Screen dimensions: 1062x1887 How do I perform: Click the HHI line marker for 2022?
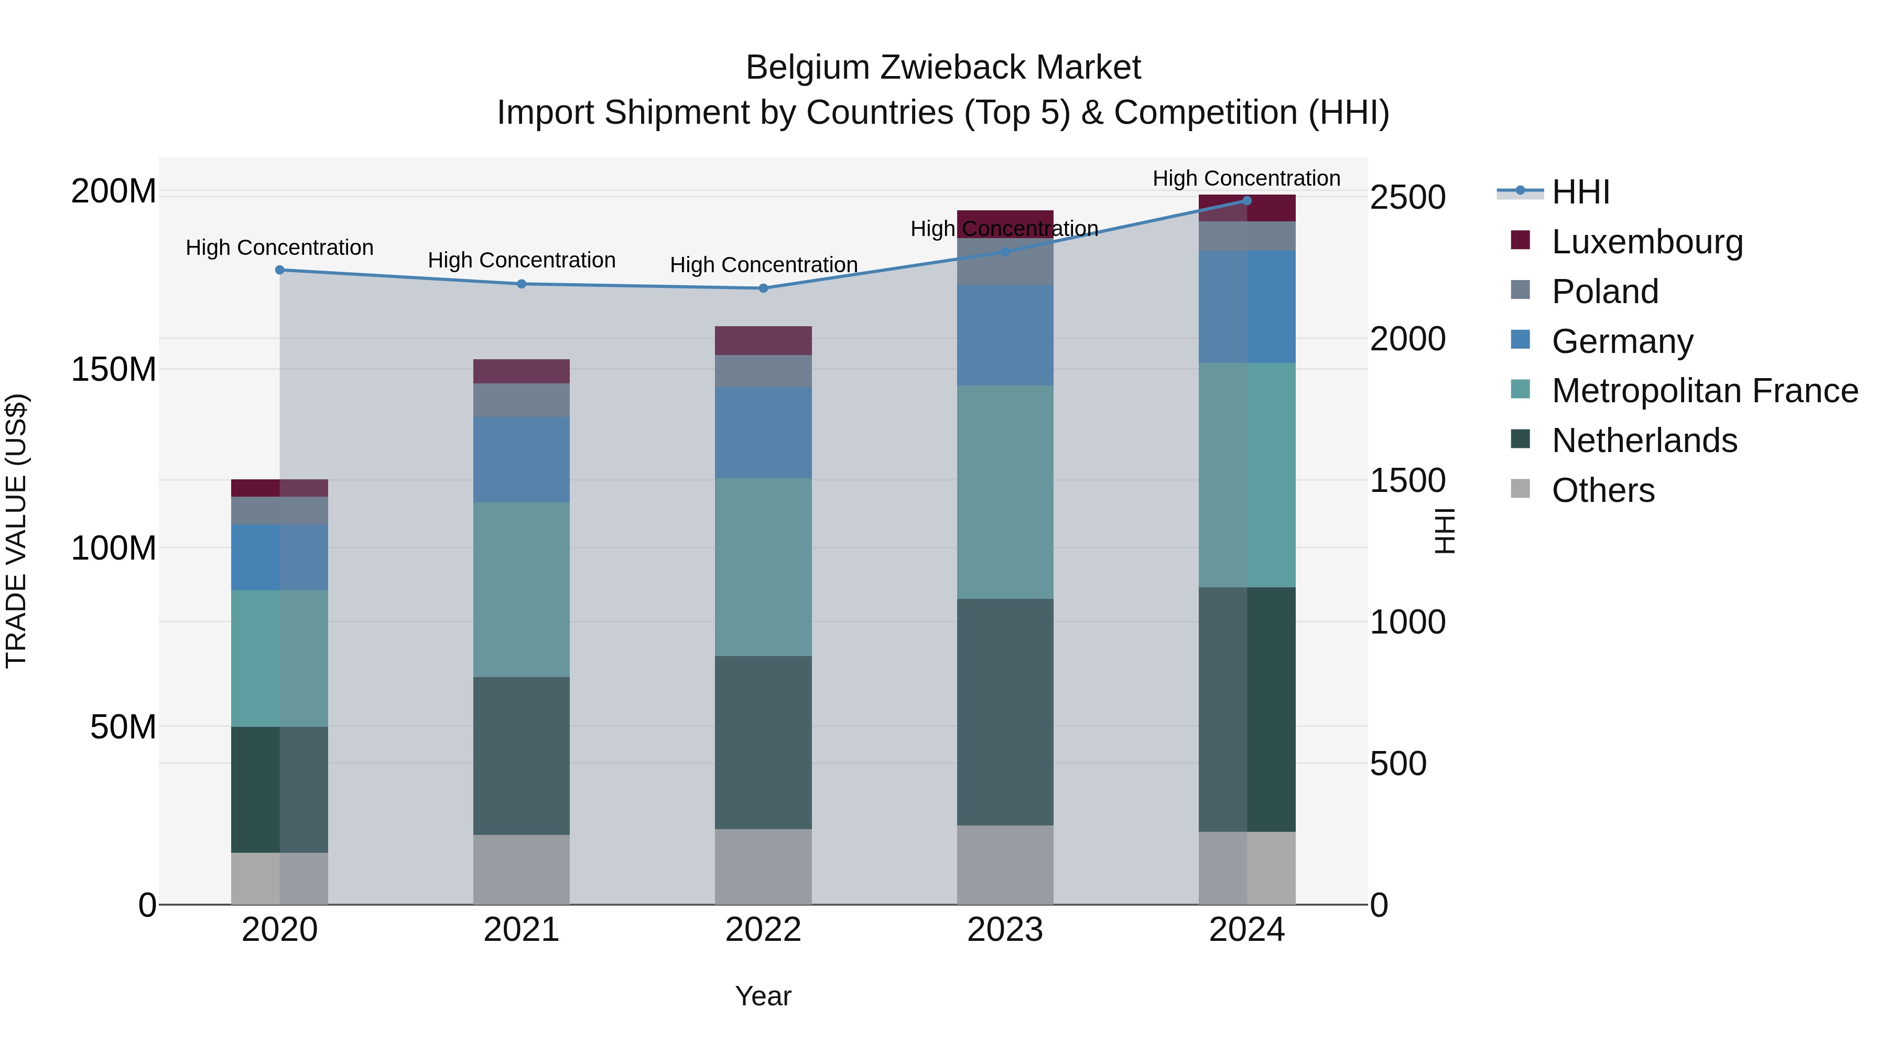(x=763, y=288)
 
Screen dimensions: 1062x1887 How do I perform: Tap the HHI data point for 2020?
(x=280, y=270)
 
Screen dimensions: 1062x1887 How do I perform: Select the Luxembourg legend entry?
(x=1647, y=241)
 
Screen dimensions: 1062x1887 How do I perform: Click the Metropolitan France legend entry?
(x=1705, y=391)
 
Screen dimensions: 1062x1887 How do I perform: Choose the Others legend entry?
(x=1603, y=490)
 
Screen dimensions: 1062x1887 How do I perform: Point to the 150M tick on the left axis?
(x=114, y=369)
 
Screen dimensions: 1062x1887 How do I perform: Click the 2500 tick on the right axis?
(x=1407, y=197)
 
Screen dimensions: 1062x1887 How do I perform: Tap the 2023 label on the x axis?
(x=1005, y=930)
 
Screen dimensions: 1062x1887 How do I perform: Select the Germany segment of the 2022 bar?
(x=763, y=433)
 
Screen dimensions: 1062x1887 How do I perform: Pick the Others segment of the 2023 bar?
(x=1005, y=865)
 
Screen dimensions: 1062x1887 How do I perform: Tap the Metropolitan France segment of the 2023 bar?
(x=1005, y=492)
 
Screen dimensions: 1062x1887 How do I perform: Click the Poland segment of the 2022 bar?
(x=763, y=371)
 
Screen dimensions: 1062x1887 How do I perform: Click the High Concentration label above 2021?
(x=522, y=260)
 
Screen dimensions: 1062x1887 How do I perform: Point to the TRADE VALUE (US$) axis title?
(x=16, y=531)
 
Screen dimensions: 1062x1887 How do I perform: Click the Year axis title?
(x=763, y=996)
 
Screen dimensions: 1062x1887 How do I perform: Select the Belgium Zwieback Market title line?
(x=943, y=68)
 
